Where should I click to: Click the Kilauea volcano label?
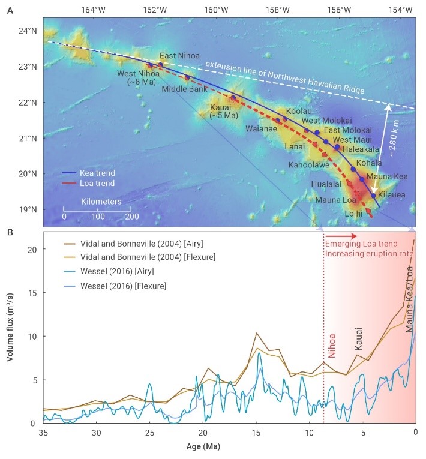[392, 196]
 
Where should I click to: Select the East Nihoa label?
[176, 56]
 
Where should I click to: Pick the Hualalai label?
[328, 184]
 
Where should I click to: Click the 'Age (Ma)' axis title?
[228, 446]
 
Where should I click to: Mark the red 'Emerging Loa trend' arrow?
[341, 236]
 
